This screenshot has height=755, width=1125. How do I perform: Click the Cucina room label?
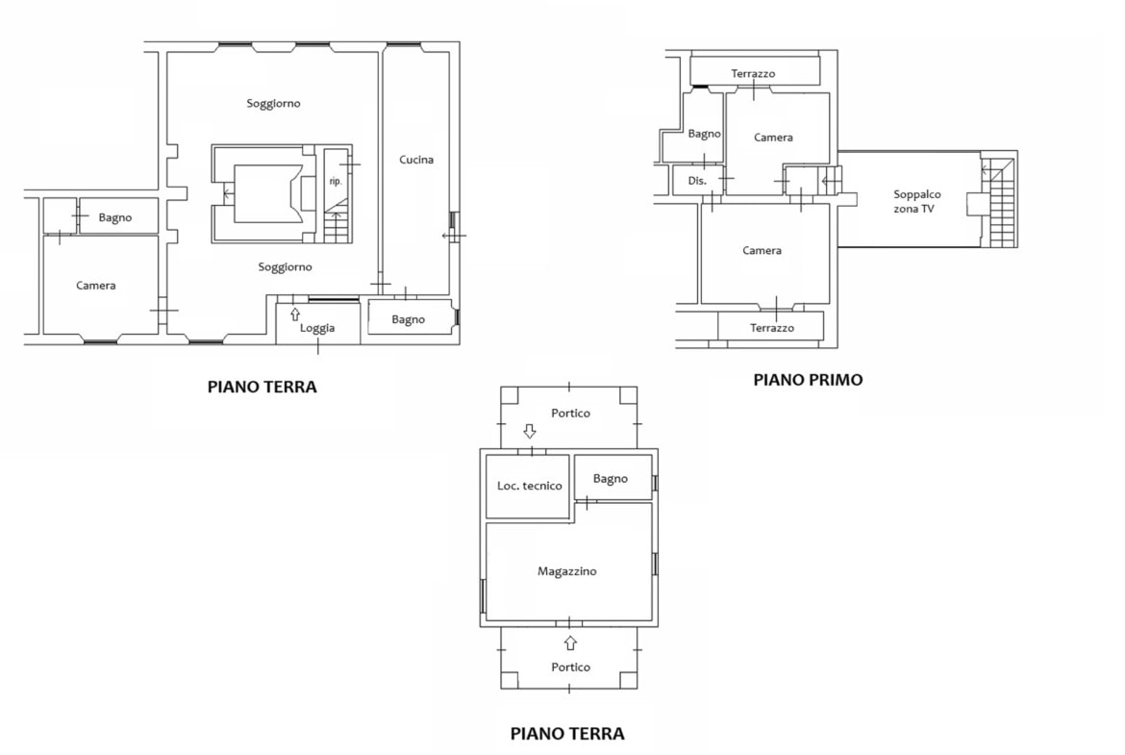pos(416,160)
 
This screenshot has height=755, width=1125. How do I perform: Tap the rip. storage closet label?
pos(335,181)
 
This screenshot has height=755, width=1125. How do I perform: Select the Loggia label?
pos(317,328)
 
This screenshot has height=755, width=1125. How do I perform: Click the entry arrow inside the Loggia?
pos(295,315)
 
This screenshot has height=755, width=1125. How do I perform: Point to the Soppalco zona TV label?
pos(916,202)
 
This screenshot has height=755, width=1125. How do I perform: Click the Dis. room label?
pos(697,181)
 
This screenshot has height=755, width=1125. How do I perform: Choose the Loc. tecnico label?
pos(530,486)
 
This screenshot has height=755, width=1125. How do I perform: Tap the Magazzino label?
pos(566,571)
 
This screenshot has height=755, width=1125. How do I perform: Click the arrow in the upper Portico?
pos(530,431)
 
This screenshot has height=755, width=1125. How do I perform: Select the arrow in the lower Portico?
pos(570,642)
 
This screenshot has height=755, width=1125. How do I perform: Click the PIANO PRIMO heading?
pos(808,380)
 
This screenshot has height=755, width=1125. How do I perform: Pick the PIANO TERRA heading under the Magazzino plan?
pos(567,734)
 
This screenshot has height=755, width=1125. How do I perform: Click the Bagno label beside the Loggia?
pos(409,319)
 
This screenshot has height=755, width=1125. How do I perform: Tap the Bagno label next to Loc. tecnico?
pos(611,479)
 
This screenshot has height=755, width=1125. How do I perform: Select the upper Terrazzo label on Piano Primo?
pos(753,73)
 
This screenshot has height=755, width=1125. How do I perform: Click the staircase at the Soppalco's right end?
pos(999,202)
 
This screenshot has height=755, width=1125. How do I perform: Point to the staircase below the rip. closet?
pos(336,223)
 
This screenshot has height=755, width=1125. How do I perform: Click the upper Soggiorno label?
pos(273,103)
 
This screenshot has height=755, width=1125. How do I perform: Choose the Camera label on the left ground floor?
pos(96,286)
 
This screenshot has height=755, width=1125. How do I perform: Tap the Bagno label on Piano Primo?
pos(705,134)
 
